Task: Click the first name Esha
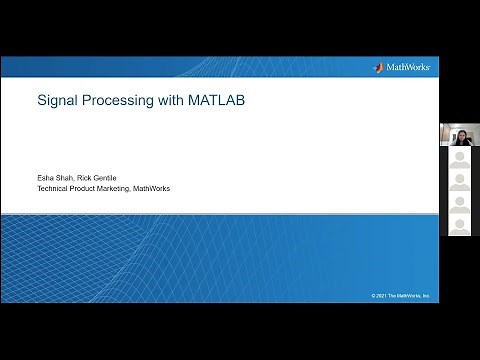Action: tap(46, 178)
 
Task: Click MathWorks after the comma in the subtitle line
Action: tap(153, 188)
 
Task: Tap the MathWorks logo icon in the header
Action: tap(378, 67)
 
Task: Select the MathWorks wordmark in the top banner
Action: tap(407, 67)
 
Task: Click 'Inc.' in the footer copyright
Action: tap(425, 296)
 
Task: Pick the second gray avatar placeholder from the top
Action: tap(459, 182)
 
